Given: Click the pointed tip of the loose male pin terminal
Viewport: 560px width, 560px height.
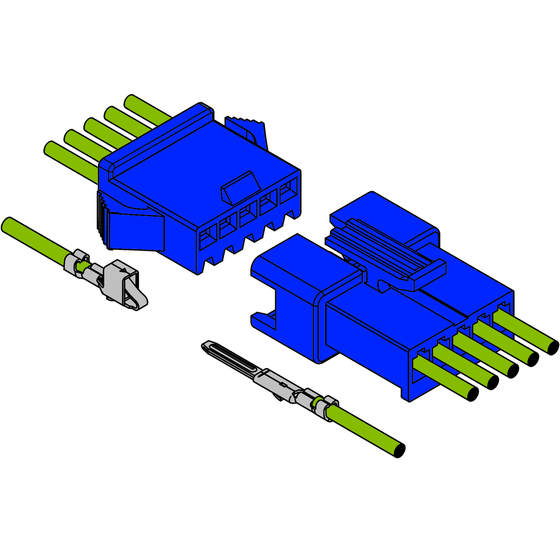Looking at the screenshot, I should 205,345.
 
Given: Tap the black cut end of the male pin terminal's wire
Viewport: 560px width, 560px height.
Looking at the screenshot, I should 399,450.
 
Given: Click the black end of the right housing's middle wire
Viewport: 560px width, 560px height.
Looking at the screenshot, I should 512,370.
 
